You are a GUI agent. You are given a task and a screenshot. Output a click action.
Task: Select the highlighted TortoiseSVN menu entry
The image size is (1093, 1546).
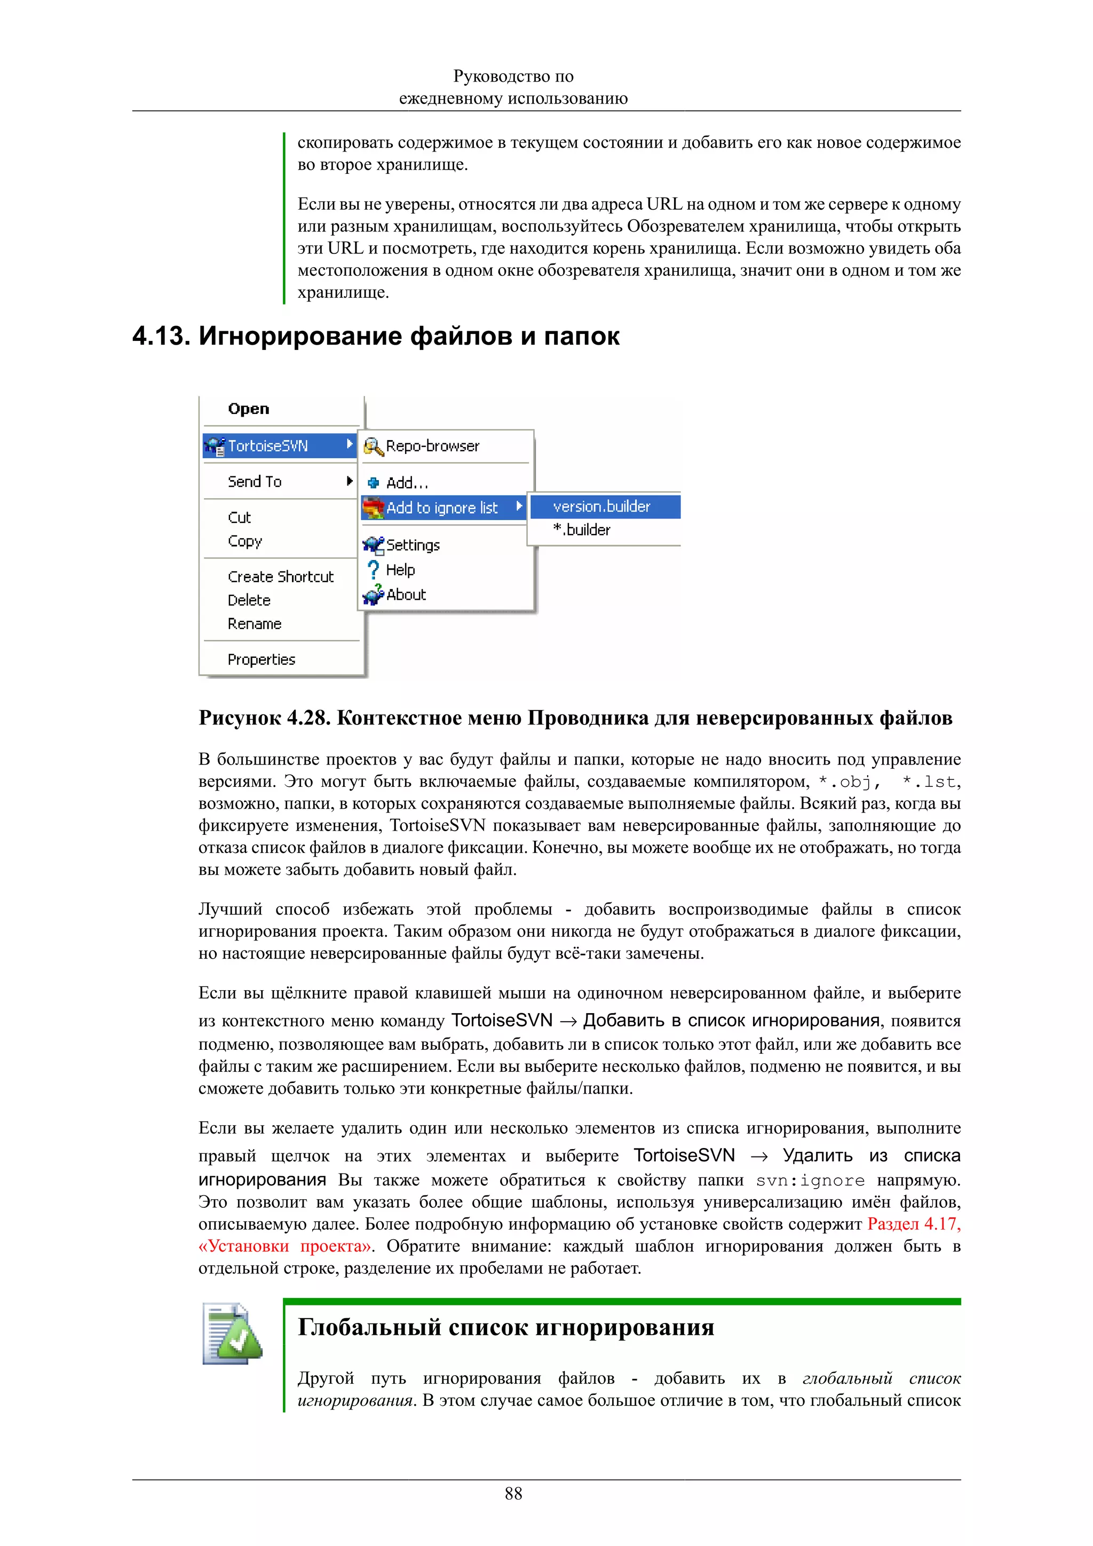click(268, 446)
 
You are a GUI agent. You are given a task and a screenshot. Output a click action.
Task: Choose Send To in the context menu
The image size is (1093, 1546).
click(255, 481)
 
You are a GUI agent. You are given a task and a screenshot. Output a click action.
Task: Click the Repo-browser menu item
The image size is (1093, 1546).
click(432, 446)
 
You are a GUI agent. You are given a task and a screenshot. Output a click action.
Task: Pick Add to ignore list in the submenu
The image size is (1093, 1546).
click(442, 508)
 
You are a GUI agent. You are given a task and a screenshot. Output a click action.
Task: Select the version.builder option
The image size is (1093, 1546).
click(601, 506)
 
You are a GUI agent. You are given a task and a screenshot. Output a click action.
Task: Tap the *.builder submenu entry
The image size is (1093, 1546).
click(582, 530)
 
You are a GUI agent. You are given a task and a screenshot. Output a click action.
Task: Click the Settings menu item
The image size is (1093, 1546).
click(413, 545)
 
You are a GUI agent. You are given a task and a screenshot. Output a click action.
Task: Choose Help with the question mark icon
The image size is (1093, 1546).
click(400, 570)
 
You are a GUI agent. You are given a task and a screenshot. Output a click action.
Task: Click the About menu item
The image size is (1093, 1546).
click(406, 595)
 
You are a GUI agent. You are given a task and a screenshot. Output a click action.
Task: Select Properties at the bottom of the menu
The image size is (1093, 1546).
click(262, 659)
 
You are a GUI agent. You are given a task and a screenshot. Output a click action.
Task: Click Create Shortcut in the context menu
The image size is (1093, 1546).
click(280, 576)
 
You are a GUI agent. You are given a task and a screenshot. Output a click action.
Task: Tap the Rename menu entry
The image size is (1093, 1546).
click(255, 624)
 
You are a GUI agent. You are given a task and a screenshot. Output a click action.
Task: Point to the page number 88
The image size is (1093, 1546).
click(513, 1494)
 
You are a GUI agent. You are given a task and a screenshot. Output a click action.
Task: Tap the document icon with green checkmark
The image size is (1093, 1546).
click(232, 1334)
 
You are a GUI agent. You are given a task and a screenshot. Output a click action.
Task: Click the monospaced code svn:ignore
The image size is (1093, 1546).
click(810, 1181)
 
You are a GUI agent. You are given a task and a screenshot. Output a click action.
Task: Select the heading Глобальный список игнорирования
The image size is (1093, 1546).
click(506, 1327)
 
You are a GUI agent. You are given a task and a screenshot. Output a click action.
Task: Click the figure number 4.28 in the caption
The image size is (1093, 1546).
click(306, 718)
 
